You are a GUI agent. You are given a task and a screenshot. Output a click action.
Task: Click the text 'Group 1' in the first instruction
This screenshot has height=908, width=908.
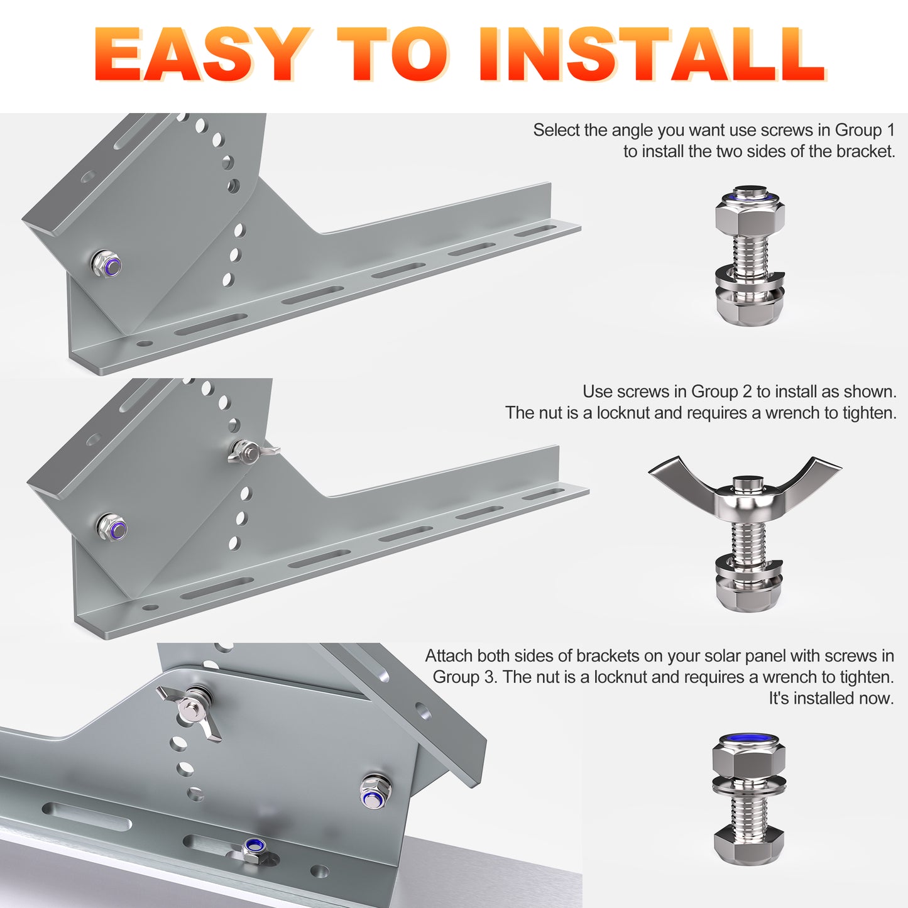tap(865, 131)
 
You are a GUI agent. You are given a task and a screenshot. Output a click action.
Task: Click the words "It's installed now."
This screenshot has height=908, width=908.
tap(831, 698)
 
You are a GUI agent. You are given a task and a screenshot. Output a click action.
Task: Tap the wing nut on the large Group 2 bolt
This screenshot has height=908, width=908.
tap(745, 488)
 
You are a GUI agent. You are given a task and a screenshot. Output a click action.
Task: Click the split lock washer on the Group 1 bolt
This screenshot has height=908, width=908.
tap(749, 278)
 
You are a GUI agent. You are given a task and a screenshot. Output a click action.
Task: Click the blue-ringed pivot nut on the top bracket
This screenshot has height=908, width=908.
tap(107, 265)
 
